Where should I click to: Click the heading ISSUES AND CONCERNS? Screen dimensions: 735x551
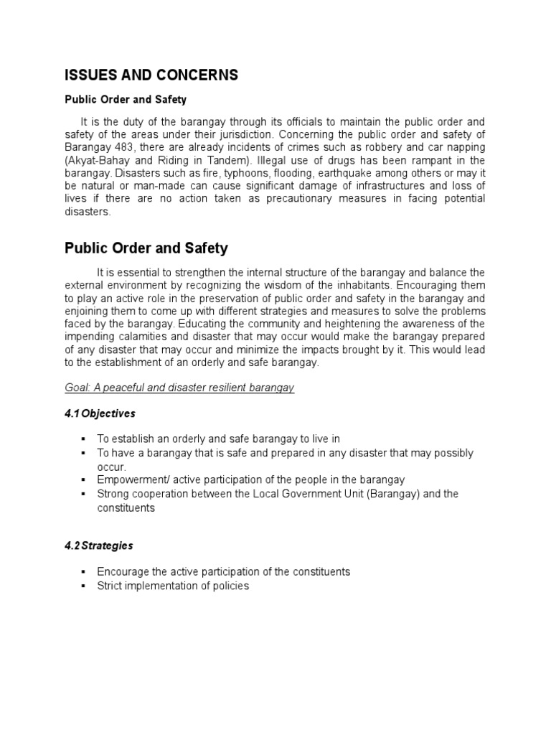[151, 75]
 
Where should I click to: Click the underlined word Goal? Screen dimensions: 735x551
[79, 388]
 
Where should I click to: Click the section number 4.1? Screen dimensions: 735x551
[72, 414]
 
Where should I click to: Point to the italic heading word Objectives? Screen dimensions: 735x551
[108, 414]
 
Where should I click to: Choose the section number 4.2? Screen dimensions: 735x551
[72, 546]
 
